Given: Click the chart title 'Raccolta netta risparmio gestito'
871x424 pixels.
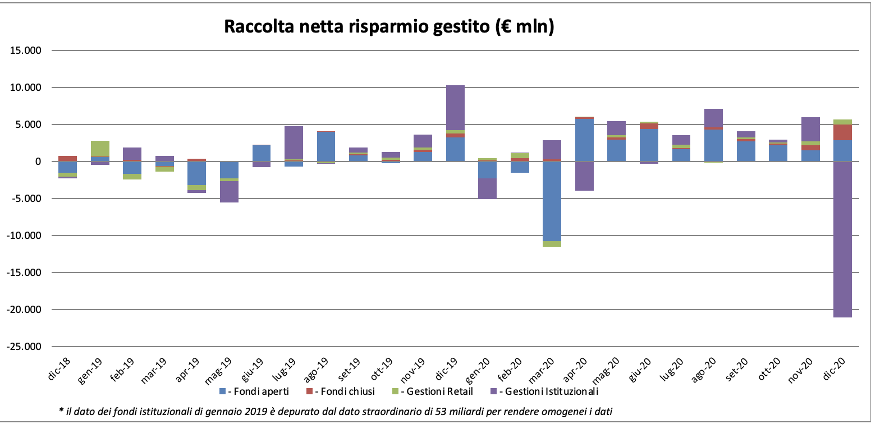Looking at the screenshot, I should pyautogui.click(x=389, y=27).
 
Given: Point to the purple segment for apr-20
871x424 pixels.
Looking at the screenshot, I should pyautogui.click(x=585, y=176).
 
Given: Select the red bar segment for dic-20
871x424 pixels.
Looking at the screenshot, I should pyautogui.click(x=842, y=132).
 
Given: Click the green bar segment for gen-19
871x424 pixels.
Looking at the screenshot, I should pyautogui.click(x=100, y=149).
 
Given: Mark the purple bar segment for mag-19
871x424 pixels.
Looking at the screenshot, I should pyautogui.click(x=229, y=191).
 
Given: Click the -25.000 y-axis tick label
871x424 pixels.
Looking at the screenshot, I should pyautogui.click(x=24, y=347).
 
